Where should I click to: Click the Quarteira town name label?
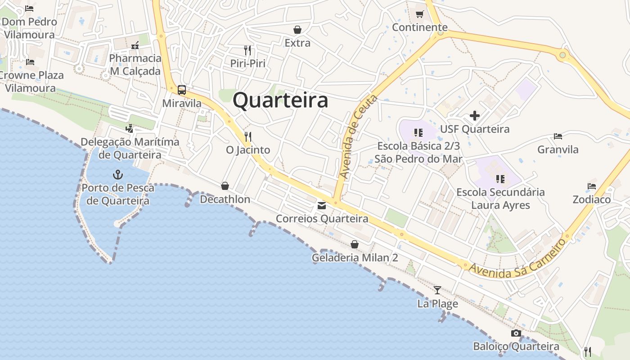tap(280, 100)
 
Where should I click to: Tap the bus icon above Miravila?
tap(182, 90)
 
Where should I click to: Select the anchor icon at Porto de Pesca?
tap(117, 174)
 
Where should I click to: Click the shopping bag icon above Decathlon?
tap(225, 185)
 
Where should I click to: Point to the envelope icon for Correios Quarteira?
tap(322, 206)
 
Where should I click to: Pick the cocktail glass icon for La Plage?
tap(437, 290)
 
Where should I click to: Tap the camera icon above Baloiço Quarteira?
tap(516, 333)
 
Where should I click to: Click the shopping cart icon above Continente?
tap(420, 14)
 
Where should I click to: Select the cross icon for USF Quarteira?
tap(475, 116)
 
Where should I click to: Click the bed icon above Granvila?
tap(558, 136)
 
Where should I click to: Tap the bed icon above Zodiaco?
tap(591, 186)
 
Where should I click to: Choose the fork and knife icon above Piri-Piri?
tap(247, 50)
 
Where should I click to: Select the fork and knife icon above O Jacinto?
tap(248, 136)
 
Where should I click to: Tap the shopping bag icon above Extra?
tap(297, 30)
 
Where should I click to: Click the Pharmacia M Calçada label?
tap(135, 65)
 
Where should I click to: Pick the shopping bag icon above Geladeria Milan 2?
tap(355, 244)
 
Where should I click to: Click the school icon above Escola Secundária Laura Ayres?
tap(500, 179)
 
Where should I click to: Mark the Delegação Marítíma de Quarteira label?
tap(130, 148)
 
